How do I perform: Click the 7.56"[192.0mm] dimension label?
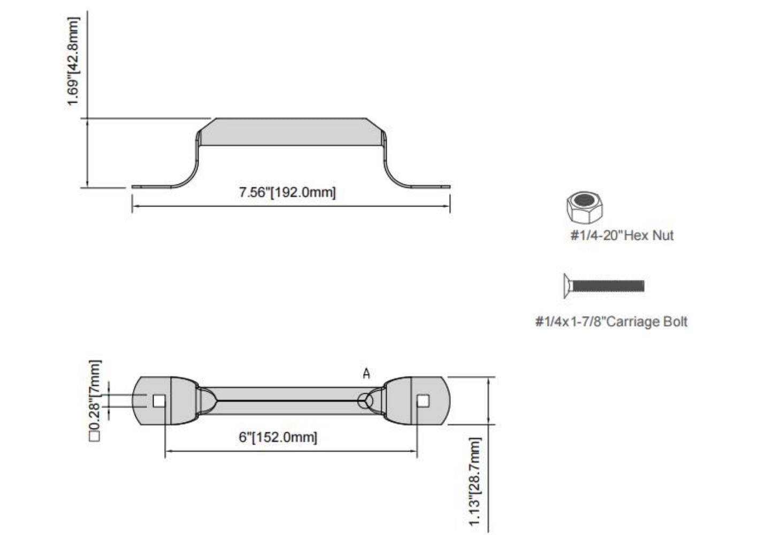pos(287,193)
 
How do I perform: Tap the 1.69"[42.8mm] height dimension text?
pos(73,61)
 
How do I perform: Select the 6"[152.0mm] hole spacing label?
pos(278,437)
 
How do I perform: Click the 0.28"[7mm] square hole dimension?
pos(95,401)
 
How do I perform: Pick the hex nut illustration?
pos(585,208)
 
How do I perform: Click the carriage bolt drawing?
pos(604,286)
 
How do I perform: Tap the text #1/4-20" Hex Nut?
pos(622,235)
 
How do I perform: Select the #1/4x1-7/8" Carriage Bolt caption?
pos(611,322)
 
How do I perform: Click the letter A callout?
pos(366,374)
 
